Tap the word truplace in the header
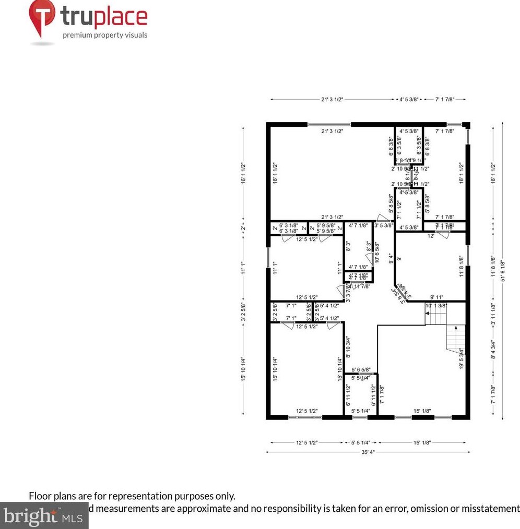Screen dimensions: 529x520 (x=104, y=17)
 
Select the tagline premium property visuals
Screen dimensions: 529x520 (x=105, y=35)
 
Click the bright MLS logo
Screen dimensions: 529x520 (x=44, y=516)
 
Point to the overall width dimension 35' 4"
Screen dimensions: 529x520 (x=368, y=452)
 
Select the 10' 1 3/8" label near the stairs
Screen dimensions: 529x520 (x=436, y=306)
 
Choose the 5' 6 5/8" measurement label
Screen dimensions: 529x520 (x=361, y=370)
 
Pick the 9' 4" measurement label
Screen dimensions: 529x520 (x=391, y=259)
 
